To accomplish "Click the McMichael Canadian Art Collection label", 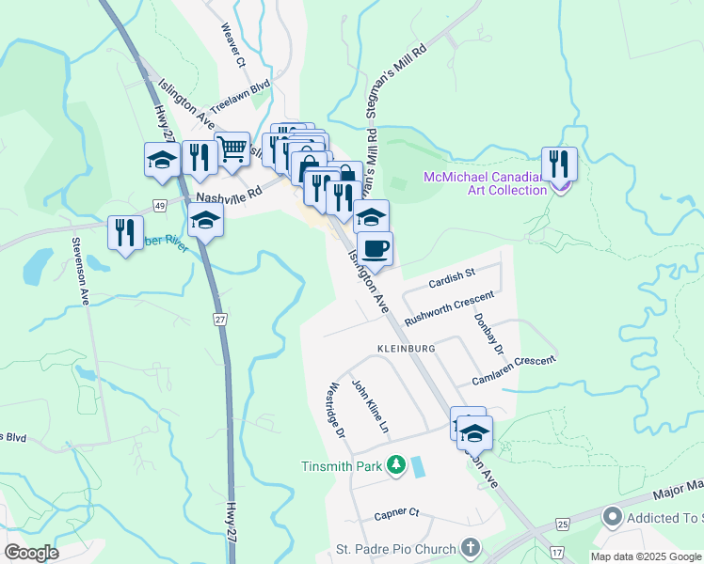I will pyautogui.click(x=485, y=183).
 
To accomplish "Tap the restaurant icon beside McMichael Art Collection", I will pyautogui.click(x=559, y=164).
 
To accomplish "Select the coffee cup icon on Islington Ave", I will pyautogui.click(x=375, y=249).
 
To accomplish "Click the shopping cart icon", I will pyautogui.click(x=232, y=149).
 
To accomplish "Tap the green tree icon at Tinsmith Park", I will pyautogui.click(x=397, y=464).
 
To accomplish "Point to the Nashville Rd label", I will pyautogui.click(x=226, y=198).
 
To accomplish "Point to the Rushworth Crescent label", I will pyautogui.click(x=449, y=307).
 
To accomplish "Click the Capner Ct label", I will pyautogui.click(x=395, y=514).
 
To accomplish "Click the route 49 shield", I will pyautogui.click(x=160, y=205).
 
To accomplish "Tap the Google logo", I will pyautogui.click(x=31, y=553).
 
